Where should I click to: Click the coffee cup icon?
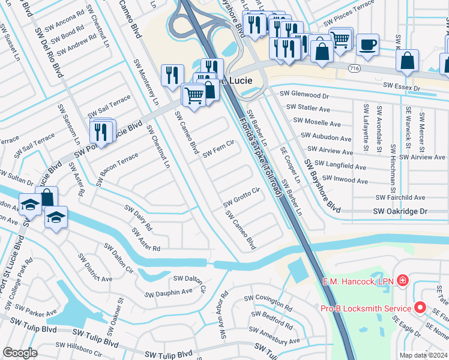coord(367,44)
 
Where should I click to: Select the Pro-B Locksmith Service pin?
coord(420,308)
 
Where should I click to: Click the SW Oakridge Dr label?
coord(400,211)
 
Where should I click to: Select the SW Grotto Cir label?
coord(241,197)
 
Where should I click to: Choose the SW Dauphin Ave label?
coord(169,292)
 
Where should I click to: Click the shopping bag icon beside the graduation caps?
coord(46,197)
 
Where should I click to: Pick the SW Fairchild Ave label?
coord(400,197)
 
